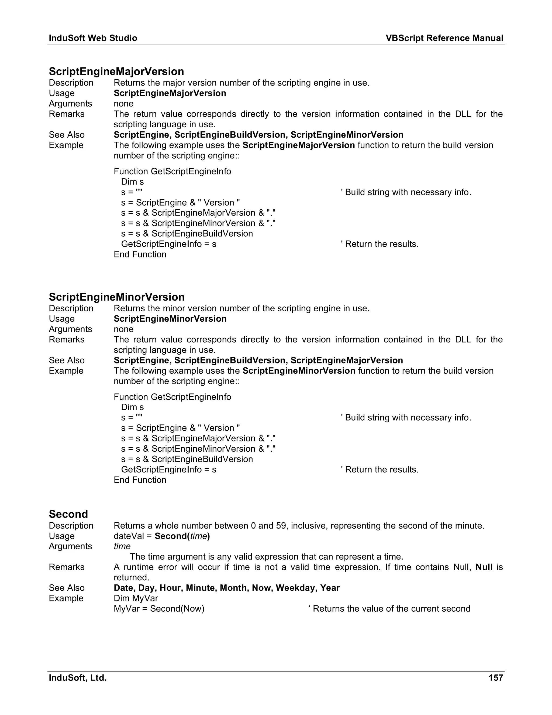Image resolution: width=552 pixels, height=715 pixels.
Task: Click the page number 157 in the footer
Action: click(495, 678)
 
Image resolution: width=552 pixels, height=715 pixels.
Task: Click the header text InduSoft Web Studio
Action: click(93, 38)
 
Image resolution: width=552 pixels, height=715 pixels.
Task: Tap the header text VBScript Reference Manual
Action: click(444, 38)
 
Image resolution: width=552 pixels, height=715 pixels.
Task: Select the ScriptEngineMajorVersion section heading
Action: click(116, 71)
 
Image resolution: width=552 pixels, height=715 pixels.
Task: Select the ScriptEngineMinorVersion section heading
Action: click(116, 297)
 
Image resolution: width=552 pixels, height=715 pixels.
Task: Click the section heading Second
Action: click(68, 514)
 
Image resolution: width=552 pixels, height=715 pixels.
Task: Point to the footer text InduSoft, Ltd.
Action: click(78, 678)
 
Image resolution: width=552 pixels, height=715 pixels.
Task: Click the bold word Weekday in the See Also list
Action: click(295, 588)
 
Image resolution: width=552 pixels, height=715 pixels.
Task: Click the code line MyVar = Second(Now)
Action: click(159, 609)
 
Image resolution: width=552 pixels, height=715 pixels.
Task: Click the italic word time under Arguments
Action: click(122, 546)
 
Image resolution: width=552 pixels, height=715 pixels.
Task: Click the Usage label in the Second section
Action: click(61, 536)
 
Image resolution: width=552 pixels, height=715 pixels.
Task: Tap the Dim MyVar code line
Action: click(136, 598)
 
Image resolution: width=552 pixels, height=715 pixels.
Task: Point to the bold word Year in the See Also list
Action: click(330, 588)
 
